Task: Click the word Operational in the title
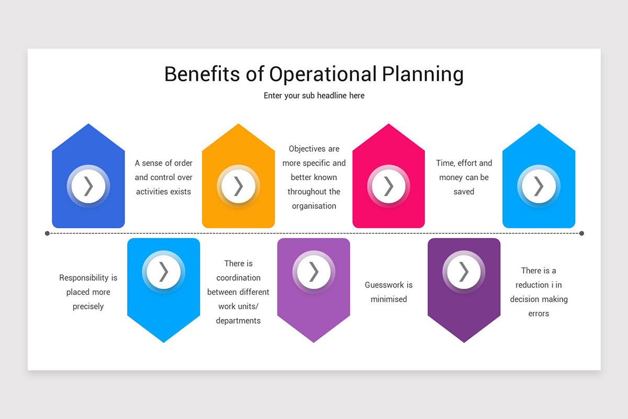pos(323,74)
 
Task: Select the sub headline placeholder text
pos(314,96)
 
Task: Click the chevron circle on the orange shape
pos(239,186)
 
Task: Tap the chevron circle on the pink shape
pos(388,186)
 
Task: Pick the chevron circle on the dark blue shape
pos(88,186)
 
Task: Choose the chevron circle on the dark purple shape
pos(464,272)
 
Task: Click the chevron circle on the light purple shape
pos(313,272)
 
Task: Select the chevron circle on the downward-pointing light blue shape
pos(163,272)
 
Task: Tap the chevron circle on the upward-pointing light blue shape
pos(539,186)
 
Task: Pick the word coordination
pos(238,278)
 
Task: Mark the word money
pos(451,178)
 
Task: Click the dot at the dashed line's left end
pos(47,233)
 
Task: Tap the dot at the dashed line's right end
pos(581,233)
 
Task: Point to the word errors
pos(539,314)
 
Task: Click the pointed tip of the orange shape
pos(239,125)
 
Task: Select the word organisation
pos(314,206)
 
